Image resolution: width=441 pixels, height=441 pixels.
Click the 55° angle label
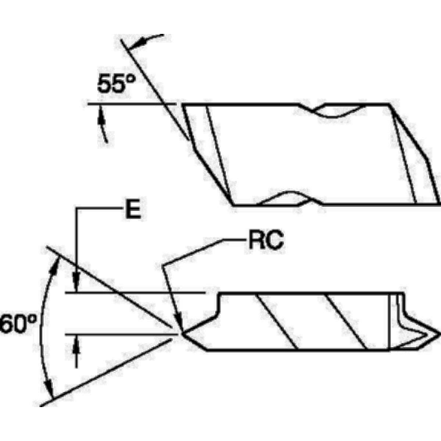[x=116, y=84]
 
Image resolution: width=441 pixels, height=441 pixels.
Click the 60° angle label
[x=18, y=324]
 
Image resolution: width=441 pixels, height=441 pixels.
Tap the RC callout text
[x=266, y=241]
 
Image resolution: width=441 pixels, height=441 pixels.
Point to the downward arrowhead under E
[x=76, y=282]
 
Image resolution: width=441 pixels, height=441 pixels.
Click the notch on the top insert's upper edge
[x=332, y=111]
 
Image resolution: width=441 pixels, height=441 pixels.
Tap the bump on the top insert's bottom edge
[x=290, y=198]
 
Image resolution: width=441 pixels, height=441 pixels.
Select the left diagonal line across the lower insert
[x=277, y=321]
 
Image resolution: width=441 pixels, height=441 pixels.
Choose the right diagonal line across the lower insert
[x=346, y=321]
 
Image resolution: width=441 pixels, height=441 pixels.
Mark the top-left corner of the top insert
[x=183, y=105]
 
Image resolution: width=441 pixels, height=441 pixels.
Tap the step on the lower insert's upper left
[x=218, y=304]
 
